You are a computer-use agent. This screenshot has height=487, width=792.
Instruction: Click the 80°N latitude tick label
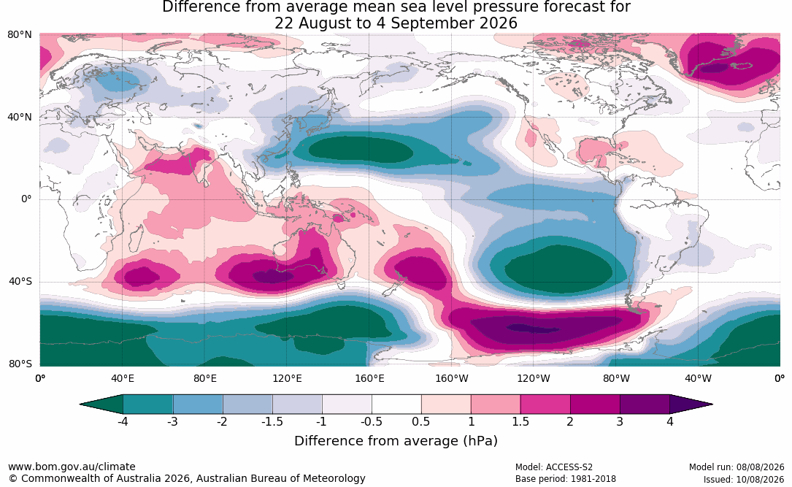click(x=20, y=35)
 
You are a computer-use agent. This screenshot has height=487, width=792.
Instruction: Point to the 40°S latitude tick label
click(x=20, y=281)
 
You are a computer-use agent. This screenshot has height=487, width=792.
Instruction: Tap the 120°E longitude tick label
click(x=287, y=378)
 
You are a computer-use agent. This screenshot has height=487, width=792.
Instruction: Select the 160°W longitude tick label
click(x=452, y=378)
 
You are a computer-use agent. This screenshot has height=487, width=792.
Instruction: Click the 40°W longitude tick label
click(x=698, y=378)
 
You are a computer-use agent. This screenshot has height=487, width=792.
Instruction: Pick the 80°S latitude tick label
click(x=20, y=364)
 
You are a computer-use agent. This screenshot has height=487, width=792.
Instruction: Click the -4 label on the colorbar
click(x=122, y=421)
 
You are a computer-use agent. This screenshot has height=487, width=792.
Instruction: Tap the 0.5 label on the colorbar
click(x=420, y=421)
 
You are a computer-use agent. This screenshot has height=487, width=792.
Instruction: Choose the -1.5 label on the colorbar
click(x=272, y=421)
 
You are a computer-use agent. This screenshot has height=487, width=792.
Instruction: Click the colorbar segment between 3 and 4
click(x=645, y=404)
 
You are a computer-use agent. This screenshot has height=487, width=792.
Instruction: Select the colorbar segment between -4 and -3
click(x=147, y=404)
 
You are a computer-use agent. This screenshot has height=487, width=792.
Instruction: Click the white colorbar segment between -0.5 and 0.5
click(x=396, y=404)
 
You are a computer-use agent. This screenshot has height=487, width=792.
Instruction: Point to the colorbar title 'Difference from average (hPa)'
click(x=396, y=441)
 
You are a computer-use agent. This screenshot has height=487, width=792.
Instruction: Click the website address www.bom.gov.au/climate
click(x=72, y=467)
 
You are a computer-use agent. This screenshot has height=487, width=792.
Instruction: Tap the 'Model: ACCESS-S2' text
click(x=554, y=467)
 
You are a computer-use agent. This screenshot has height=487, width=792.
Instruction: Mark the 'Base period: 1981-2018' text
click(x=566, y=479)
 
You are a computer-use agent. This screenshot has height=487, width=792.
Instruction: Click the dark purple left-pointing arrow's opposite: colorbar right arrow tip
click(x=712, y=404)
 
